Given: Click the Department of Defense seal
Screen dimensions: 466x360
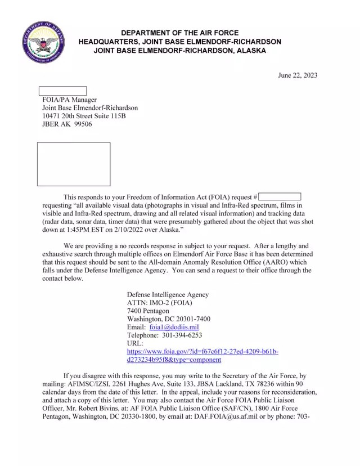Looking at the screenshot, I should (x=43, y=42).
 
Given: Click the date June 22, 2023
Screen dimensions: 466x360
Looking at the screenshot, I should (x=298, y=76).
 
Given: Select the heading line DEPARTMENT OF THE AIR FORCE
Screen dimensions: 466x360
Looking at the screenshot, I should (x=180, y=33).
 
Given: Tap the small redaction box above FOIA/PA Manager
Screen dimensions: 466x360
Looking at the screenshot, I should (x=62, y=91).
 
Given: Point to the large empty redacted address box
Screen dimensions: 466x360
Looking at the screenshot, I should (x=74, y=164).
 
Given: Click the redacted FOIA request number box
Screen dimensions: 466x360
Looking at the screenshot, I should (x=280, y=197).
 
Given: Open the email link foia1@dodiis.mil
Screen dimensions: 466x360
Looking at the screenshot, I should (x=174, y=327).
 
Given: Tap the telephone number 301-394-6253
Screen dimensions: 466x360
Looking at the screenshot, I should (x=183, y=335).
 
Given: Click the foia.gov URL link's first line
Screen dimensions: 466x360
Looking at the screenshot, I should (x=202, y=352).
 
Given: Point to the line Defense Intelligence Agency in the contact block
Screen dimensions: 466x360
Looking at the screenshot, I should (x=168, y=294).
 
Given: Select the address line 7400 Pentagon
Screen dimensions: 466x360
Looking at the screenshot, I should (x=148, y=311).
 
